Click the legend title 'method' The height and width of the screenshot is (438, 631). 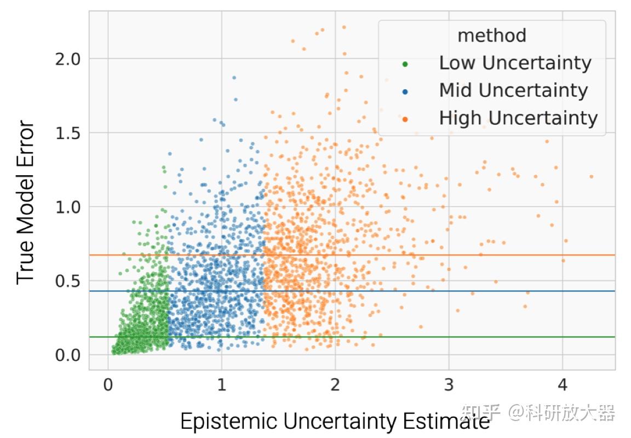[491, 36]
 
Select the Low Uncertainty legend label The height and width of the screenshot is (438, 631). [515, 63]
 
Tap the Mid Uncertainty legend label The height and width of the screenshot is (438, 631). [513, 90]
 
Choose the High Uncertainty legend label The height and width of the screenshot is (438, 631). [518, 118]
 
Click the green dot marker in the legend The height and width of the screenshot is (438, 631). [405, 64]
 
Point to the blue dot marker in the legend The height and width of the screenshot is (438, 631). [405, 91]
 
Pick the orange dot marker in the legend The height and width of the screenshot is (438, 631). [405, 119]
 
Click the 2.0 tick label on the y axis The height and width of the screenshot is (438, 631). [68, 59]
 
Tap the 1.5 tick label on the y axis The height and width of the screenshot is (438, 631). [68, 133]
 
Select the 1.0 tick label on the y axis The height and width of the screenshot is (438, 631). [68, 207]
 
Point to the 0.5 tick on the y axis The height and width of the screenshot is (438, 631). [68, 281]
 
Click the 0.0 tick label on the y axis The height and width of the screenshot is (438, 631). [68, 355]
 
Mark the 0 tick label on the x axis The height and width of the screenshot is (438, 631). [108, 385]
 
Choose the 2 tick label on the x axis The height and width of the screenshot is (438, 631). [335, 385]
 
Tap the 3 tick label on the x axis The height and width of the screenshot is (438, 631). [449, 385]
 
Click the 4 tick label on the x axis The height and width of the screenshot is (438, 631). [562, 385]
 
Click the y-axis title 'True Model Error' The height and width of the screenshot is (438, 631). [26, 203]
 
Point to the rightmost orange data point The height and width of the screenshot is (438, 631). [591, 176]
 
